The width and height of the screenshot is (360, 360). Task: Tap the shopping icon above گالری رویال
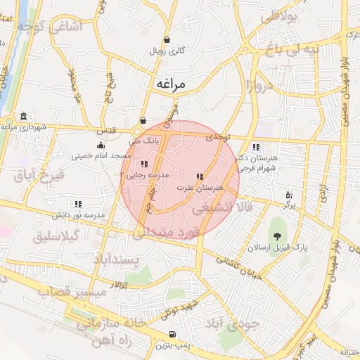click(x=167, y=39)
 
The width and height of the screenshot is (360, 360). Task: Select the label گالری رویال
click(x=167, y=51)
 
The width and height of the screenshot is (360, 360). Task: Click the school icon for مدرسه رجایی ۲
click(x=145, y=164)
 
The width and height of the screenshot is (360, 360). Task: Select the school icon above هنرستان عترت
click(x=200, y=176)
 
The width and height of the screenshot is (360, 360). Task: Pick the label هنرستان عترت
click(x=200, y=188)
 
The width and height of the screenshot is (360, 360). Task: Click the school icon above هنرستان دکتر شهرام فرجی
click(x=256, y=147)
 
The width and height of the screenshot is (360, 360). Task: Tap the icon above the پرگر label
click(x=288, y=195)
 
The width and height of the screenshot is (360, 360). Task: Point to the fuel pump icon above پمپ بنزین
click(x=172, y=334)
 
